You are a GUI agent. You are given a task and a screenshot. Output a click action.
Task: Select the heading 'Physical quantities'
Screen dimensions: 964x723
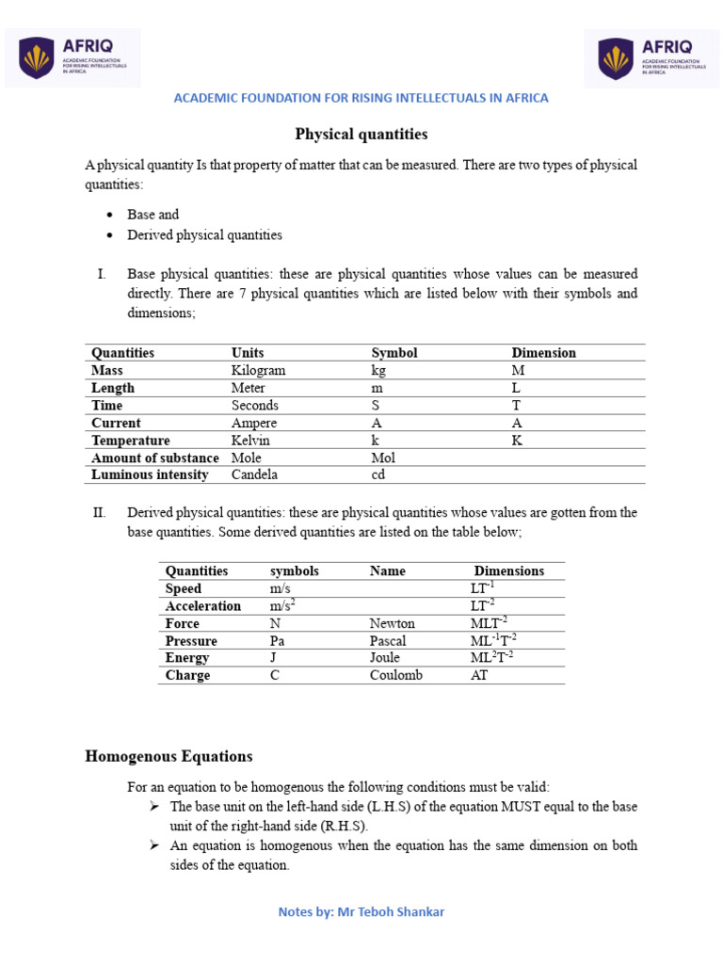(x=361, y=135)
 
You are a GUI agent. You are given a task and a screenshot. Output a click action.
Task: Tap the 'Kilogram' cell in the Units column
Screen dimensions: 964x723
(x=258, y=370)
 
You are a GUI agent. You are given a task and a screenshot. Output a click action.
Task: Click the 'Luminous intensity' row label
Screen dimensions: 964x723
(x=150, y=474)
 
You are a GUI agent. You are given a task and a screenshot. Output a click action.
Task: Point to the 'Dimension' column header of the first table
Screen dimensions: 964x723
(x=543, y=353)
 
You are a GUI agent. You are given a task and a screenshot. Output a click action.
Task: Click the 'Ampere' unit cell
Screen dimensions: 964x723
(x=254, y=423)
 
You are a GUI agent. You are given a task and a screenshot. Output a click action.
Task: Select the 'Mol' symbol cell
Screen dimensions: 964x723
(x=383, y=458)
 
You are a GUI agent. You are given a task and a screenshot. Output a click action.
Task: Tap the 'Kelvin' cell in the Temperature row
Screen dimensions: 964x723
(x=250, y=441)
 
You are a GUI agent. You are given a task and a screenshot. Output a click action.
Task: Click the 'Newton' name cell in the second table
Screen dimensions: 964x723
(x=392, y=623)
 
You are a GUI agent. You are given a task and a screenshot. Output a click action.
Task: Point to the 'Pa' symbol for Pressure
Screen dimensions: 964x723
(x=278, y=640)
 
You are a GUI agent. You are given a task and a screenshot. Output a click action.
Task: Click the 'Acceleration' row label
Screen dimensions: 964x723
(x=203, y=605)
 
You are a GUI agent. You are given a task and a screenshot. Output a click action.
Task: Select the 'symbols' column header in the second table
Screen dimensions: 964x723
(x=294, y=570)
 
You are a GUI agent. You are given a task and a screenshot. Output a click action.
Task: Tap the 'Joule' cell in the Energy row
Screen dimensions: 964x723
(x=385, y=657)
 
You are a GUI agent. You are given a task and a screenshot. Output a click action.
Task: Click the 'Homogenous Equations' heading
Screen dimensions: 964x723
(x=169, y=756)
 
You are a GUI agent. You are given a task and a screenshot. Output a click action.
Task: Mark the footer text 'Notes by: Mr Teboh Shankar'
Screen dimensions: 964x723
(x=361, y=912)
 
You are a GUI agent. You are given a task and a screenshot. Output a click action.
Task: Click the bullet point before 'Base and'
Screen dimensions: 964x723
(x=110, y=215)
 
